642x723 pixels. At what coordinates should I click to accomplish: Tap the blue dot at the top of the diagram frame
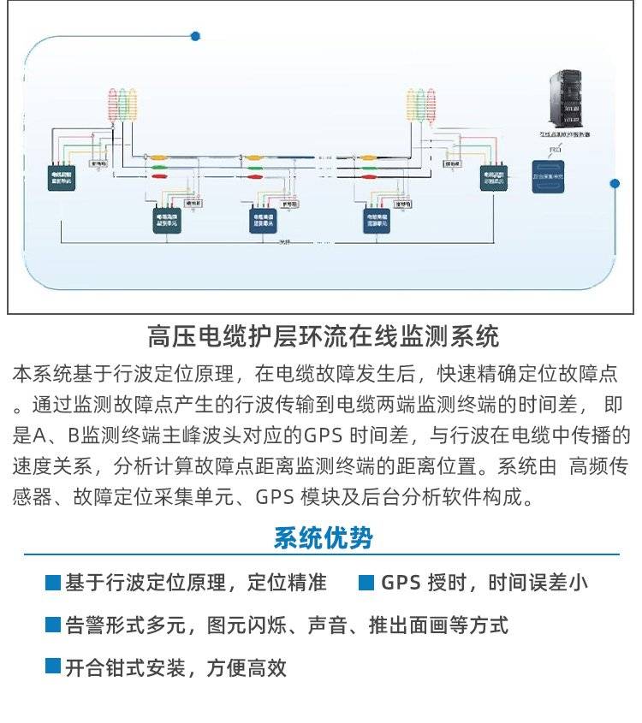point(195,36)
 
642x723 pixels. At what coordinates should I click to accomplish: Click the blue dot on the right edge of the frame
point(615,183)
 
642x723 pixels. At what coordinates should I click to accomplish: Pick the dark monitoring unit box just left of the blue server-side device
point(494,177)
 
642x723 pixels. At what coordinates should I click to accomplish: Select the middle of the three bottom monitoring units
point(265,221)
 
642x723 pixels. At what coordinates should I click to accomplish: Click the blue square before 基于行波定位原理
point(53,583)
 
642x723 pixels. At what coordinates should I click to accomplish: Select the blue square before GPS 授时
point(366,583)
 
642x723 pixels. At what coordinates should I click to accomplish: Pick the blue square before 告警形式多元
point(53,625)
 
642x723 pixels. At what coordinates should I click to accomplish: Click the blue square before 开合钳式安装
point(53,666)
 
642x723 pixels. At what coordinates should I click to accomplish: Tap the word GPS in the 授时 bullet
point(401,583)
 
